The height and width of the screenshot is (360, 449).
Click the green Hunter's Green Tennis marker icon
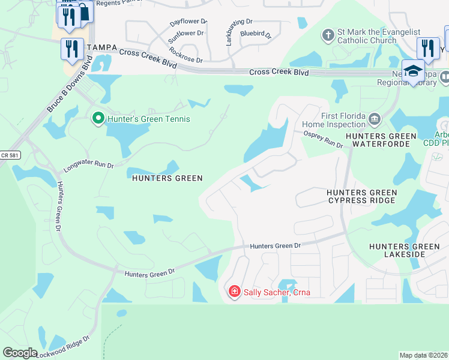98,119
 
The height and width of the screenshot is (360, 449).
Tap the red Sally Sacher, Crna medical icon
234,292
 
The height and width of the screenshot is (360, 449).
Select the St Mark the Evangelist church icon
328,35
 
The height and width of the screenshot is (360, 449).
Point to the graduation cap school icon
413,71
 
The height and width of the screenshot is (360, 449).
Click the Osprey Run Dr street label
323,140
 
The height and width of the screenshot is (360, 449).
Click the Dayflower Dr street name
188,22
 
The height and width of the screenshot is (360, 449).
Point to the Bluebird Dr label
256,35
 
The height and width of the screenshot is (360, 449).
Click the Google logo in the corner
20,353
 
